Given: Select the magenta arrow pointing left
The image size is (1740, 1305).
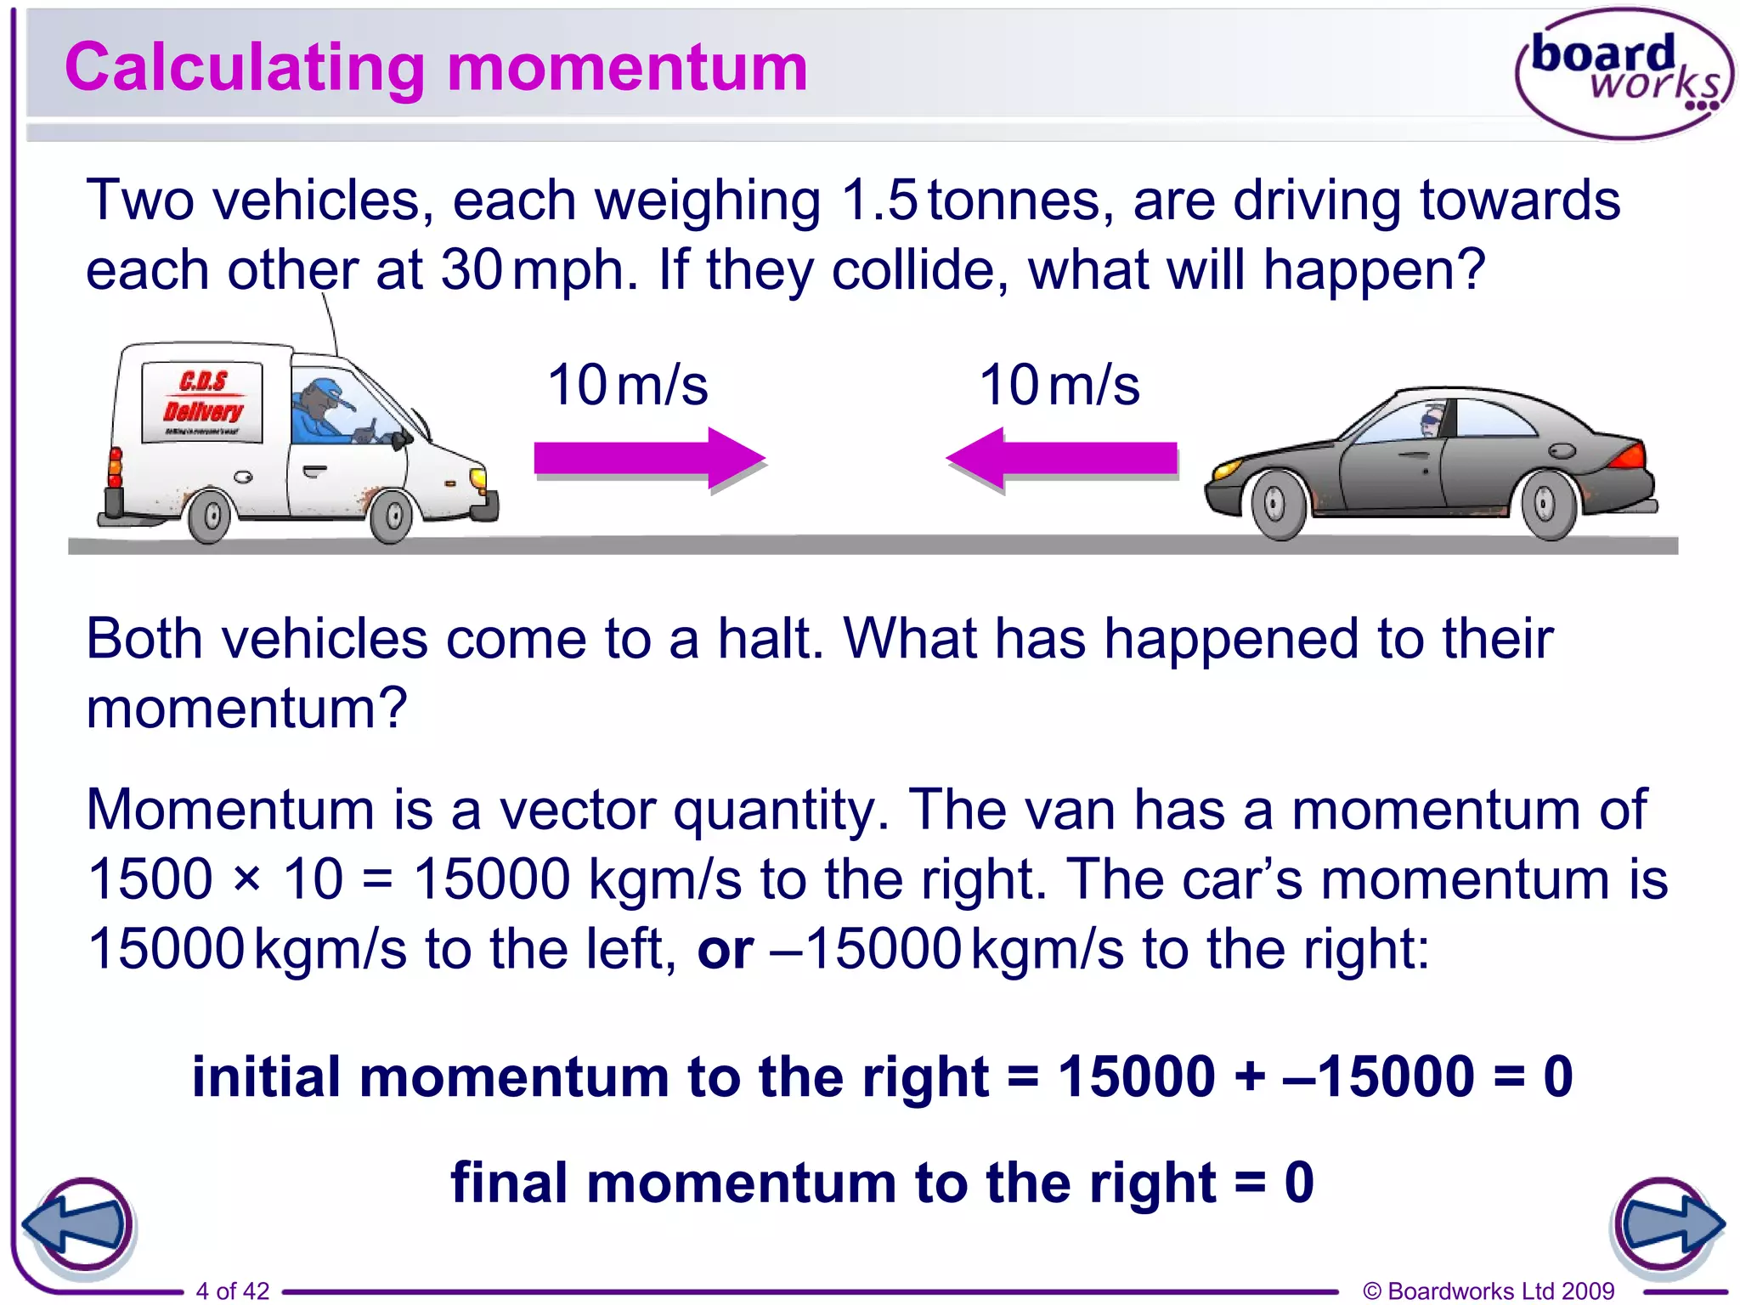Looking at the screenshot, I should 1062,458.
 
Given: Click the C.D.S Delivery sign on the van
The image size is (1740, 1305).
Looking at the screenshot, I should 202,400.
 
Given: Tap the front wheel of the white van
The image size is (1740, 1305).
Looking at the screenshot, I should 392,515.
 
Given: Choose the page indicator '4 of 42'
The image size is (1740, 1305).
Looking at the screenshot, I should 232,1291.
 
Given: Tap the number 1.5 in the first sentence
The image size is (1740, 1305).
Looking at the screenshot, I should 879,201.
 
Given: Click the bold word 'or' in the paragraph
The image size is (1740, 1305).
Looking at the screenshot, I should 725,950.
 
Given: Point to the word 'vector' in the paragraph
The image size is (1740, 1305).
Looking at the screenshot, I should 577,810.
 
